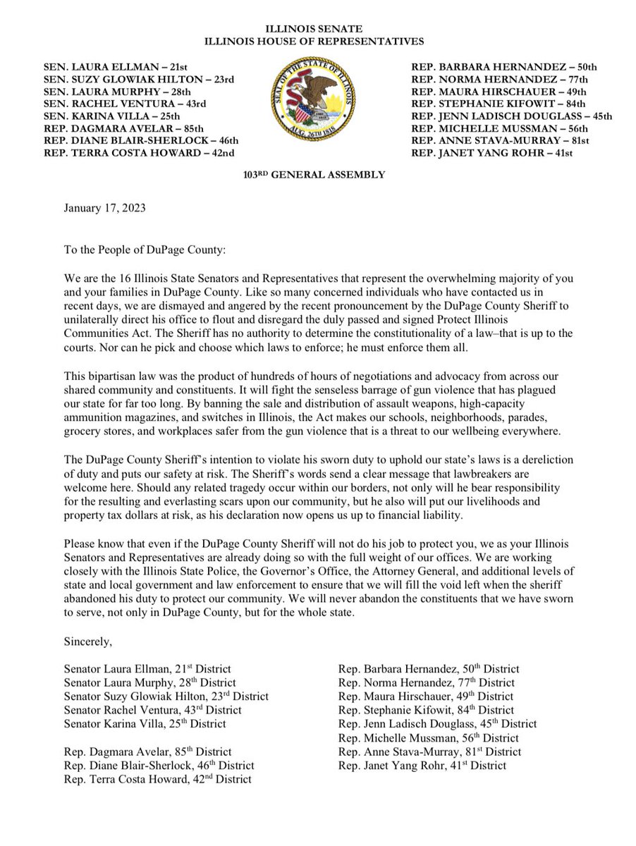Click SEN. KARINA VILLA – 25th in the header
click(106, 115)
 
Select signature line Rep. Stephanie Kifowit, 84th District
click(426, 710)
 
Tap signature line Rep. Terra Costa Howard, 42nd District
click(157, 779)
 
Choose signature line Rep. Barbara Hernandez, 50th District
click(429, 668)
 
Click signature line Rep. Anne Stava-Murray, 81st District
click(431, 752)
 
